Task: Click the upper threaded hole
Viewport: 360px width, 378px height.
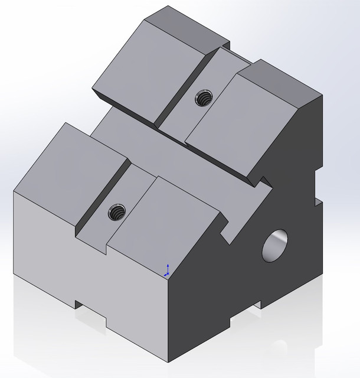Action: click(x=204, y=97)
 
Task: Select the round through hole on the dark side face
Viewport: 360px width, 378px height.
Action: click(x=276, y=245)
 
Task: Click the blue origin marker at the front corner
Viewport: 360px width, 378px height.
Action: click(x=167, y=271)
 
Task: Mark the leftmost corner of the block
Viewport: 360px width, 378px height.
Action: click(x=14, y=192)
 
